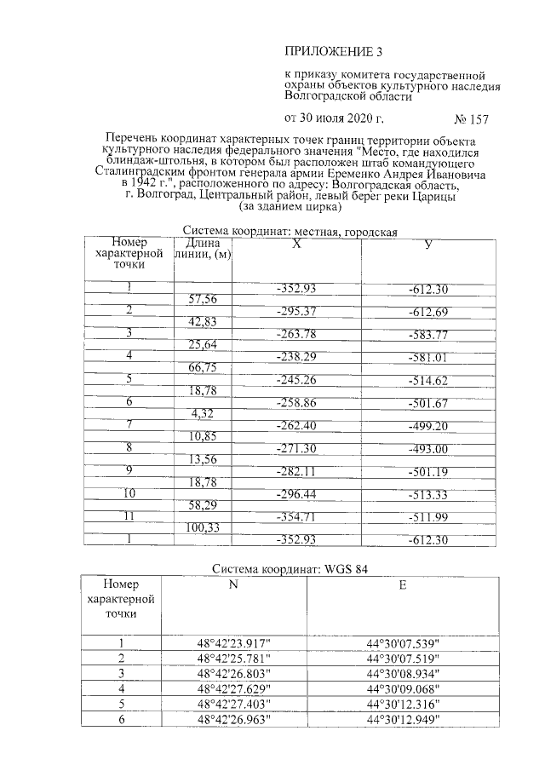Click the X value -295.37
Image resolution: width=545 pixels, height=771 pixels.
coord(296,311)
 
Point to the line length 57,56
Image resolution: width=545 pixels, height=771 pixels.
coord(202,299)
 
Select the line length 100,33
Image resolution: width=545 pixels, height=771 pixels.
coord(202,528)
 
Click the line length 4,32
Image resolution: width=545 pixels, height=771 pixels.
coord(202,414)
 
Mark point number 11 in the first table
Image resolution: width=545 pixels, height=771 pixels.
coord(129,516)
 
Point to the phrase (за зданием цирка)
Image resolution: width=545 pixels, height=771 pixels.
coord(291,206)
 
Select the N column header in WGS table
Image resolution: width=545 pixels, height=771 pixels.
coord(233,586)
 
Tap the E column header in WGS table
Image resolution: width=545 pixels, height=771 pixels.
coord(402,586)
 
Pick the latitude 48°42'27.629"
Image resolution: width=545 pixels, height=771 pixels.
coord(233,688)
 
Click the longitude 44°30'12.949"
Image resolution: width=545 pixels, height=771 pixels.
coord(402,719)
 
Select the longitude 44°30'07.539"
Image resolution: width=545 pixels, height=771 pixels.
coord(402,643)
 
